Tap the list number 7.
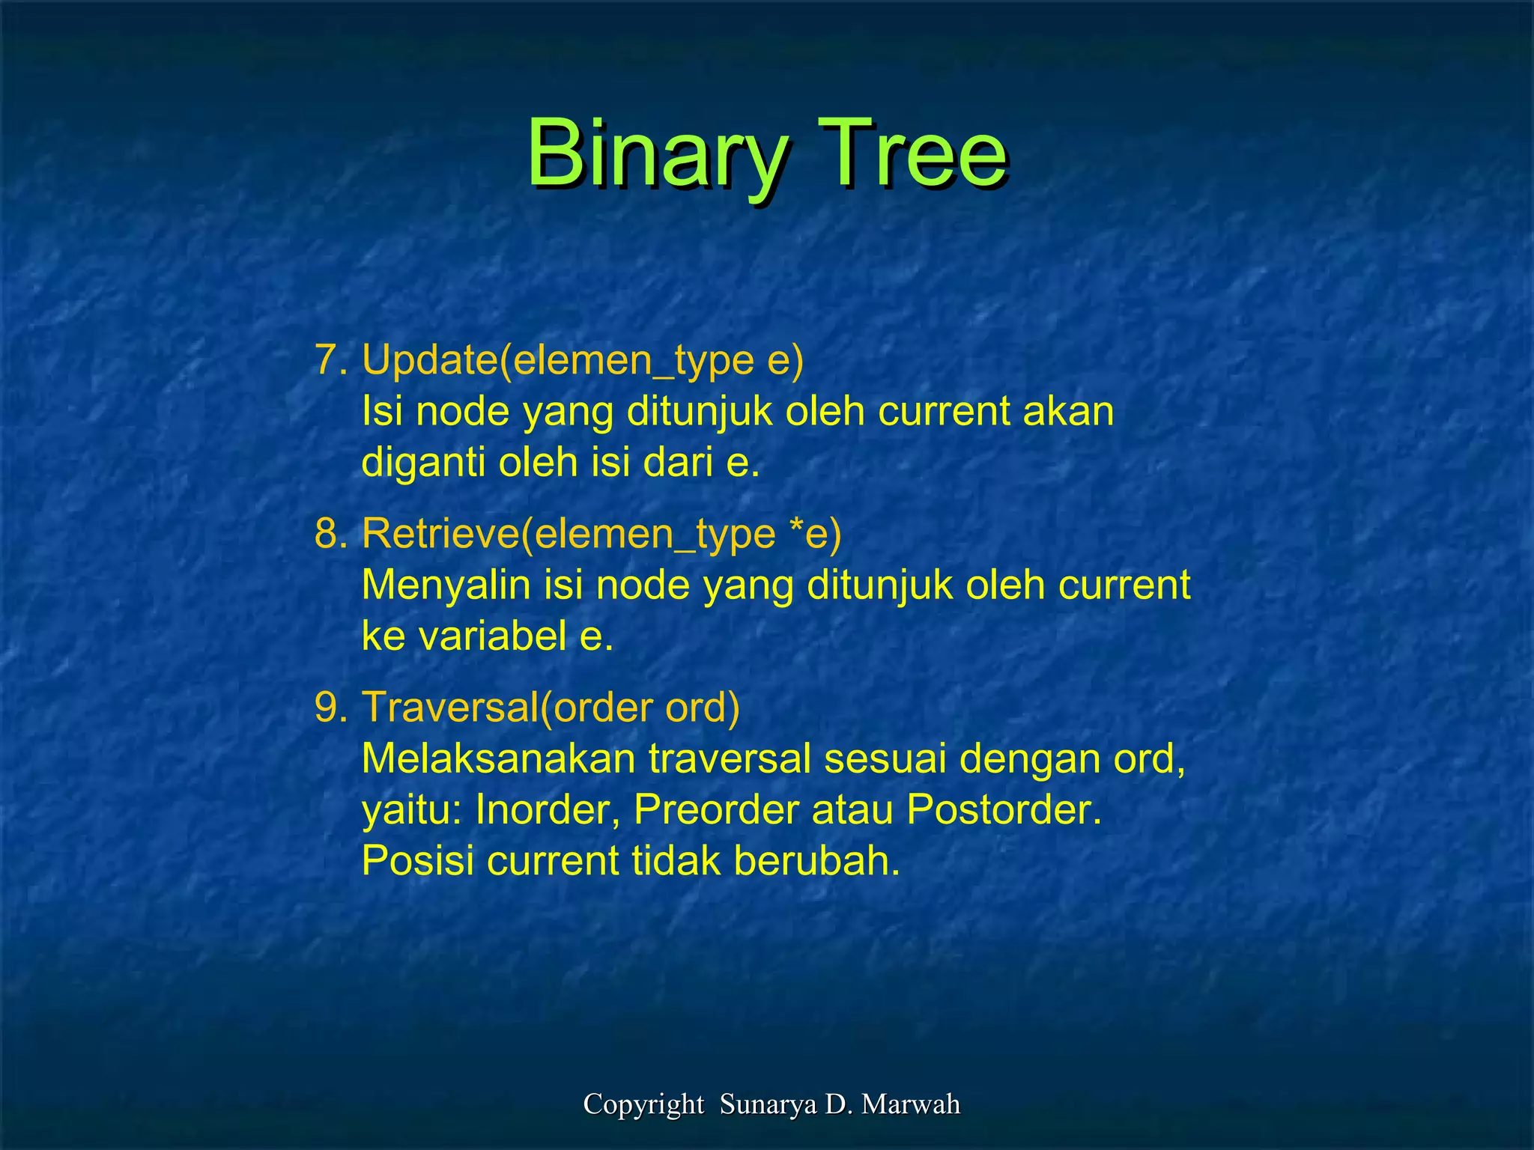click(330, 360)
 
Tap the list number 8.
click(330, 534)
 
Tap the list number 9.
click(330, 708)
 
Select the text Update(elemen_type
click(558, 361)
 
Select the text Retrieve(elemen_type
click(569, 535)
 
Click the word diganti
click(423, 463)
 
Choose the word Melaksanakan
click(498, 759)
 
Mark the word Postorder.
click(1004, 810)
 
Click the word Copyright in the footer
click(643, 1104)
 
